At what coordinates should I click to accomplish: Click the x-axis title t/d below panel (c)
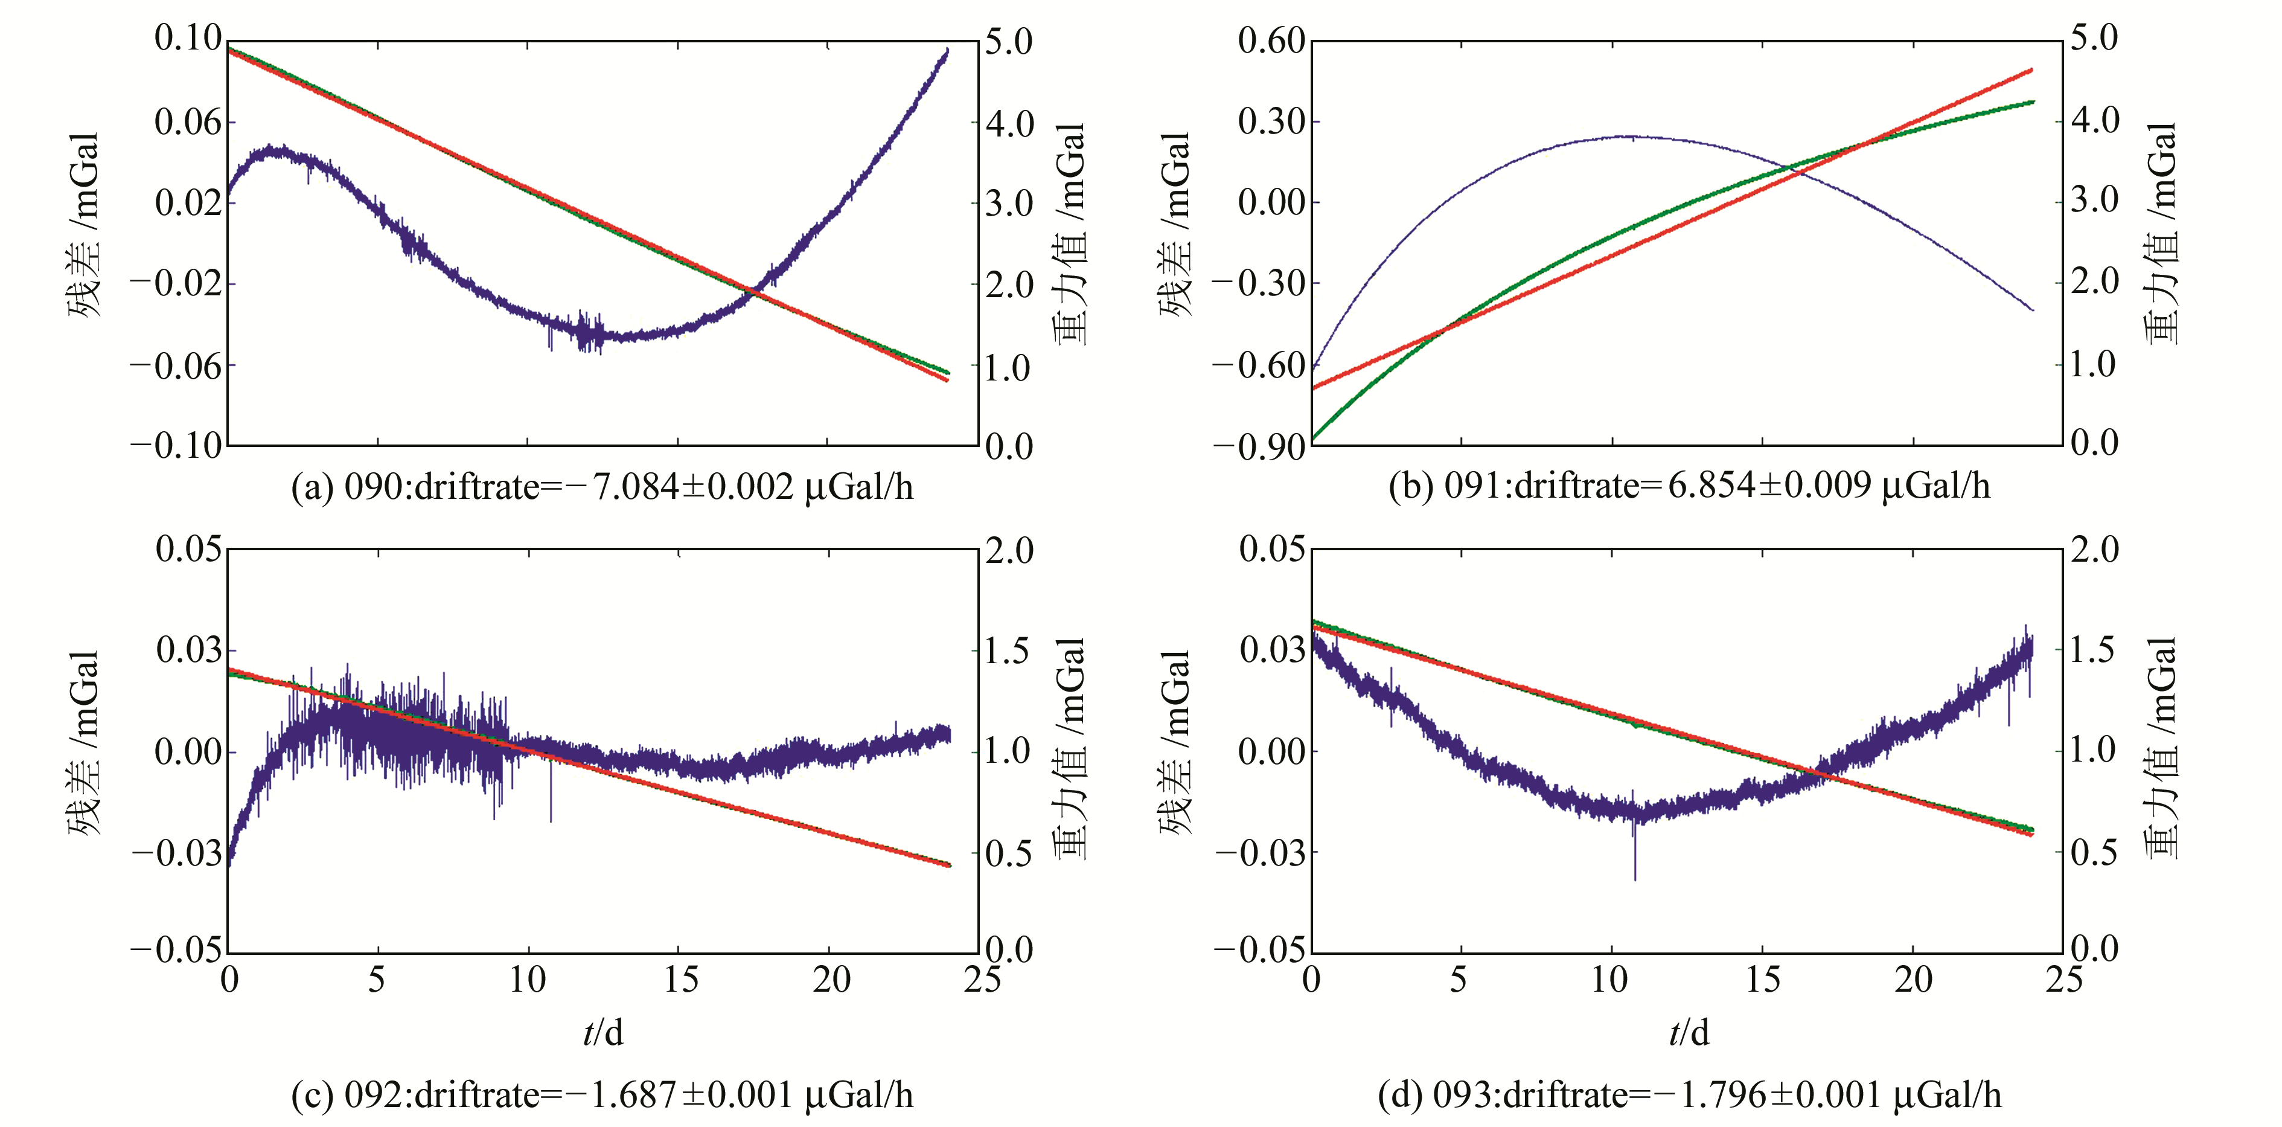(603, 1032)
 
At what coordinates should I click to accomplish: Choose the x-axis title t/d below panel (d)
(1689, 1032)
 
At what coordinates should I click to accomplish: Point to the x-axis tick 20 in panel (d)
(1913, 980)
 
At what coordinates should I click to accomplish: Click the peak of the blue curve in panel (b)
(1626, 136)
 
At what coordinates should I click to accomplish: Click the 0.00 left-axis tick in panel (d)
(1271, 752)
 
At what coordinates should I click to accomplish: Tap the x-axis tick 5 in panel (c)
(377, 980)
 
